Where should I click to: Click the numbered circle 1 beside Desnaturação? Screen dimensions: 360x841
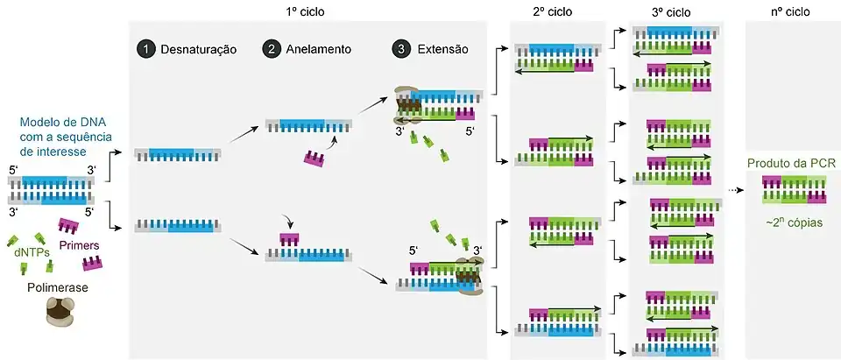coord(146,50)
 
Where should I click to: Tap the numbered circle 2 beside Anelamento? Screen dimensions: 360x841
coord(272,50)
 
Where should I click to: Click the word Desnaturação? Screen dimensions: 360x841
coord(199,50)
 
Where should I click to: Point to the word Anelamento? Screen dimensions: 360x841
coord(319,50)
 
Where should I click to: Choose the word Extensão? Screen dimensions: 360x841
coord(443,50)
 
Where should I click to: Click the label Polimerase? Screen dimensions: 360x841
coord(59,287)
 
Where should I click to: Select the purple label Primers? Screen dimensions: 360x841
coord(79,246)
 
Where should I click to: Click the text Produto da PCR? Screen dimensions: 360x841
coord(789,163)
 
